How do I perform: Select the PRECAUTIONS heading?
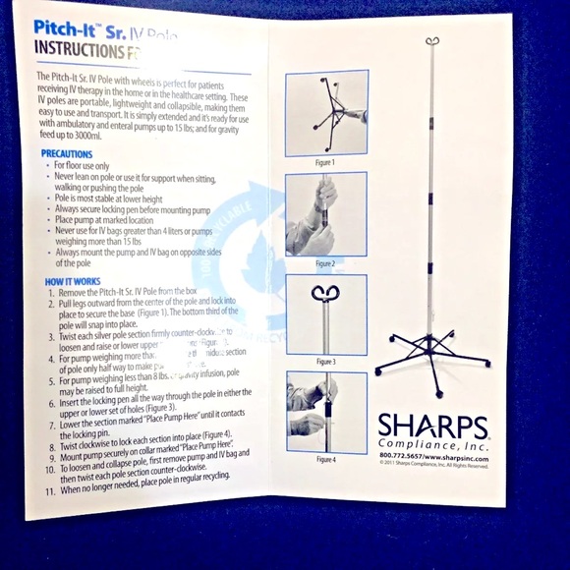coord(67,154)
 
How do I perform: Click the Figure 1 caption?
coord(324,162)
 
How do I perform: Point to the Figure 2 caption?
coord(325,263)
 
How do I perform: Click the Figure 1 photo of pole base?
coord(325,113)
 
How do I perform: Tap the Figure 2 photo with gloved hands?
coord(325,214)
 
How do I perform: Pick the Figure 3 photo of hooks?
coord(325,314)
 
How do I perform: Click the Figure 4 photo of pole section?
coord(325,412)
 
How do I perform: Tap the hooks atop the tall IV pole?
coord(431,41)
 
